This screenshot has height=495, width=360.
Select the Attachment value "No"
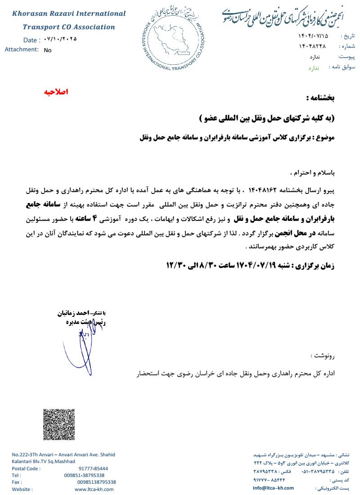click(x=48, y=50)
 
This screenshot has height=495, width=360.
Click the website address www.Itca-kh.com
click(x=94, y=489)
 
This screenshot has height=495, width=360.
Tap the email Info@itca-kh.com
click(x=273, y=488)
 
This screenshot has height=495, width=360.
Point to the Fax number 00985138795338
click(x=96, y=482)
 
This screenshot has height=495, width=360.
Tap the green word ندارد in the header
click(x=313, y=67)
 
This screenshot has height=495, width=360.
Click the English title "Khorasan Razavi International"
click(x=69, y=13)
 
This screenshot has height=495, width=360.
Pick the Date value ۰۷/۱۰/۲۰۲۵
click(x=61, y=39)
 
